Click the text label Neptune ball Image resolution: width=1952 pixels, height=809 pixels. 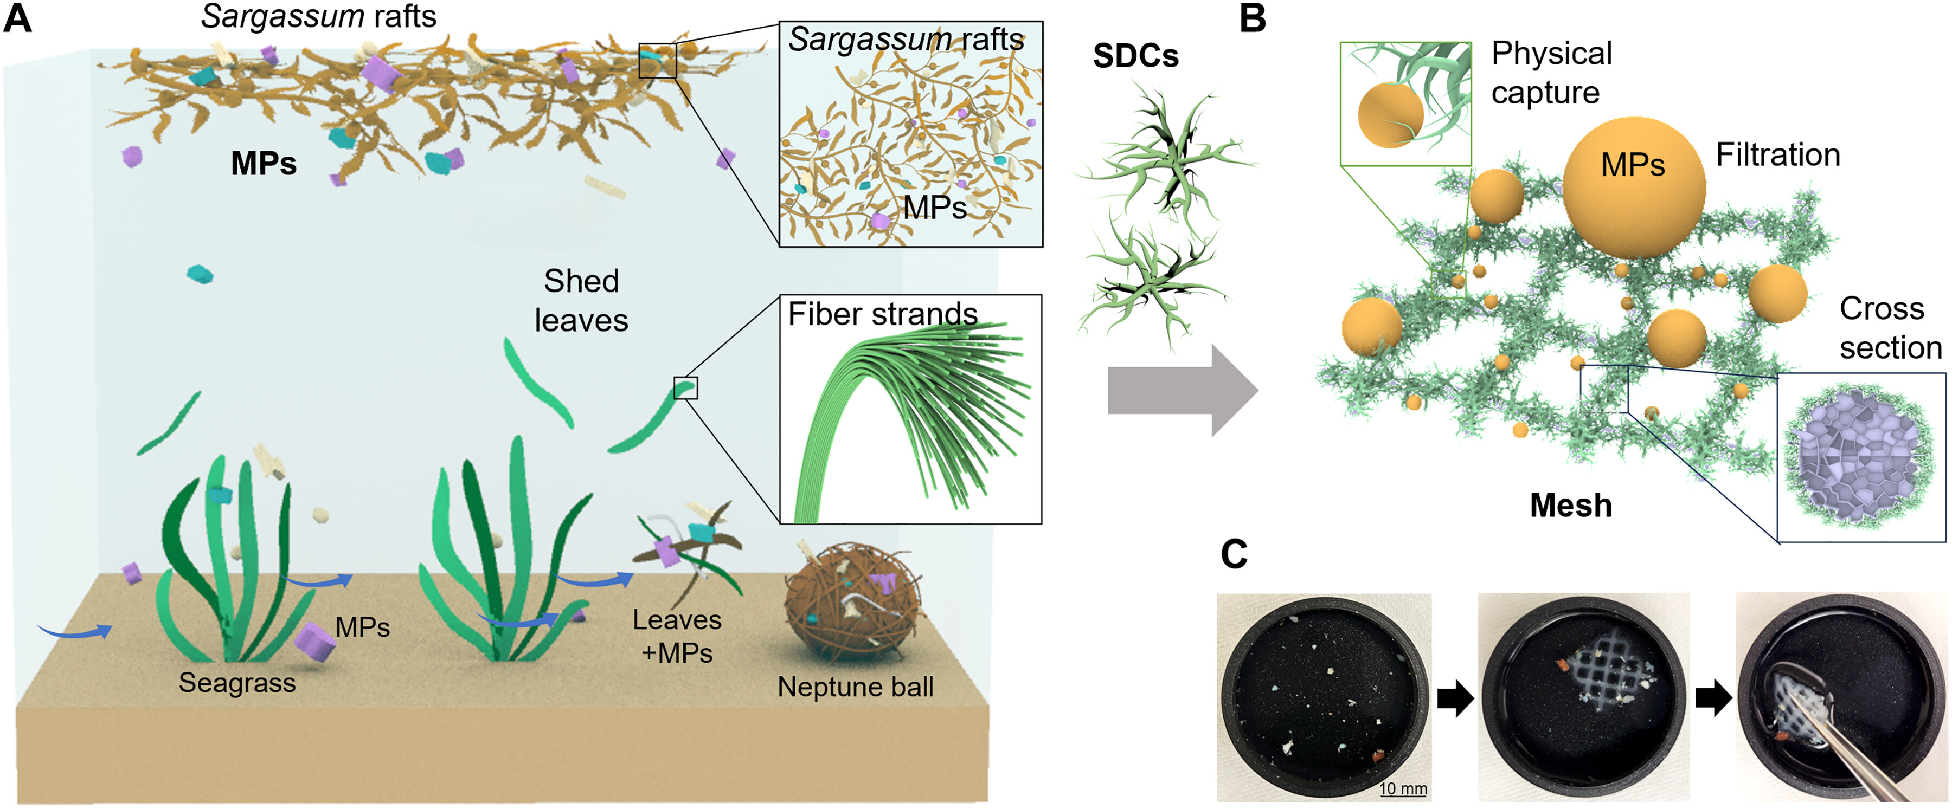pos(856,687)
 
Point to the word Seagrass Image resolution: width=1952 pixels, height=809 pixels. pos(237,683)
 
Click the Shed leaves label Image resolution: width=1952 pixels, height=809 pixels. pos(581,301)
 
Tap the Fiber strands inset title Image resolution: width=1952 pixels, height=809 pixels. pos(883,314)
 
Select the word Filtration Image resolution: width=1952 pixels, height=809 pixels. pos(1778,154)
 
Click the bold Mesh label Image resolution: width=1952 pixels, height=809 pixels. pos(1571,505)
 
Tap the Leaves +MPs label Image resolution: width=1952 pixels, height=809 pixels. pos(677,636)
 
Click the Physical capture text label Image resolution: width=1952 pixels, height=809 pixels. pos(1551,73)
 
